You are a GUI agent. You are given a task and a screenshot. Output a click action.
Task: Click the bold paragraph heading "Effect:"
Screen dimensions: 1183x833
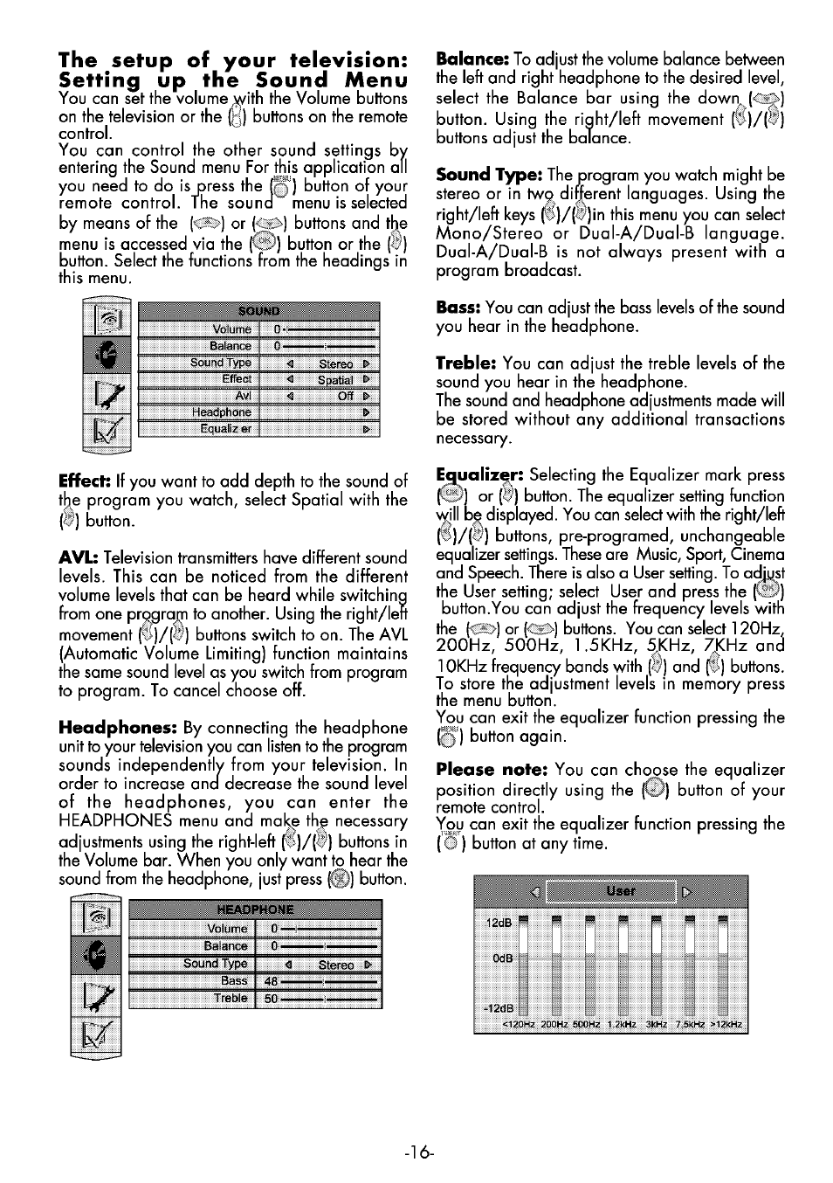click(x=85, y=481)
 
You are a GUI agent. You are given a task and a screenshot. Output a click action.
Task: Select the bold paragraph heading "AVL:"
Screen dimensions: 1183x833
click(x=77, y=557)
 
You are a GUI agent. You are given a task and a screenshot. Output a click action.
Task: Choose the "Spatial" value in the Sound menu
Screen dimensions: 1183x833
click(x=335, y=380)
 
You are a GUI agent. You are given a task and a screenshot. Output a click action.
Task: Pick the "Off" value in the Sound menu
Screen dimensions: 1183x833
click(x=345, y=396)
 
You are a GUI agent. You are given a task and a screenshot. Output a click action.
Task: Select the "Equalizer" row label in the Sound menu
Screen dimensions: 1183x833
click(x=225, y=429)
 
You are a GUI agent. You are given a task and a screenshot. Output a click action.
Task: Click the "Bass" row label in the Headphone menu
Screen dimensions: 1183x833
click(x=234, y=981)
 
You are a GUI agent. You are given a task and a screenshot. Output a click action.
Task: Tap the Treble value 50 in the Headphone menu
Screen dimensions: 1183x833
click(x=271, y=999)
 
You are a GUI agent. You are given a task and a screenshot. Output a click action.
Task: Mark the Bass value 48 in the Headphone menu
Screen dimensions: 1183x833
click(x=271, y=981)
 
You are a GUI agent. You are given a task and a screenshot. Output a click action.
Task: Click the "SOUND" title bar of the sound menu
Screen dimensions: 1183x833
click(x=258, y=311)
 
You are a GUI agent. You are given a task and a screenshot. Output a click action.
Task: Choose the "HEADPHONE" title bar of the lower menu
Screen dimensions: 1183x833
click(x=255, y=909)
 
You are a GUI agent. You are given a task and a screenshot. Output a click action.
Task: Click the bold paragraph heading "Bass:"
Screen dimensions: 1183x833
click(x=458, y=308)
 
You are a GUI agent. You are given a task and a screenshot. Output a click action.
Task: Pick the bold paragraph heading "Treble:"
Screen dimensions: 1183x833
click(x=466, y=363)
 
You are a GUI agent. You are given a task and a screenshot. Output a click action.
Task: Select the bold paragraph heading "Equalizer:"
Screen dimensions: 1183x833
click(x=478, y=475)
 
